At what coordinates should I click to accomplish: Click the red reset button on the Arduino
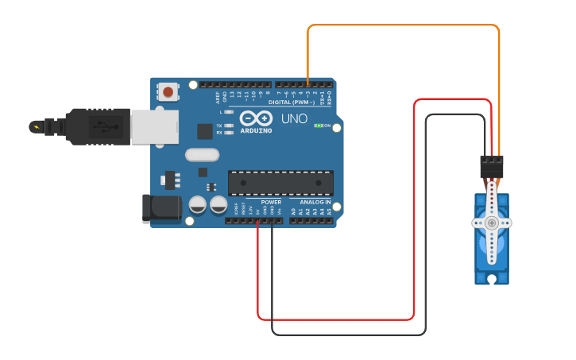click(x=168, y=92)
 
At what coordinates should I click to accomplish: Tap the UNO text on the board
click(x=295, y=118)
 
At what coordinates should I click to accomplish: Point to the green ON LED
click(x=318, y=126)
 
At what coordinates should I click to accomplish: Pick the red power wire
click(x=334, y=319)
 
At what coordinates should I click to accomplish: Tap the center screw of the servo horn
click(x=493, y=223)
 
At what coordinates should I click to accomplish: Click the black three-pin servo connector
click(x=492, y=166)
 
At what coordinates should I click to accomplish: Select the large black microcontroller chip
click(x=280, y=183)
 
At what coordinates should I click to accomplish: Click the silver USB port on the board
click(x=155, y=127)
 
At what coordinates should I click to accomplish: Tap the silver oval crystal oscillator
click(x=201, y=155)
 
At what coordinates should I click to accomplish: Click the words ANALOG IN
click(x=315, y=203)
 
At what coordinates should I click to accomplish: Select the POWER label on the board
click(x=271, y=203)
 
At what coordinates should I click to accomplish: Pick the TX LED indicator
click(x=230, y=126)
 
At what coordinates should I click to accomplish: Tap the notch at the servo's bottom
click(x=493, y=279)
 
